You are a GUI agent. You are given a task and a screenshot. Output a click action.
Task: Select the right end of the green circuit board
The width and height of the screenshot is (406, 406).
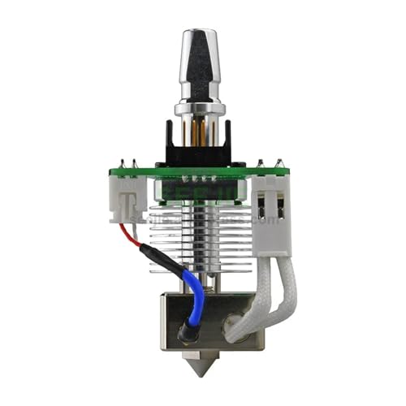pos(284,172)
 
